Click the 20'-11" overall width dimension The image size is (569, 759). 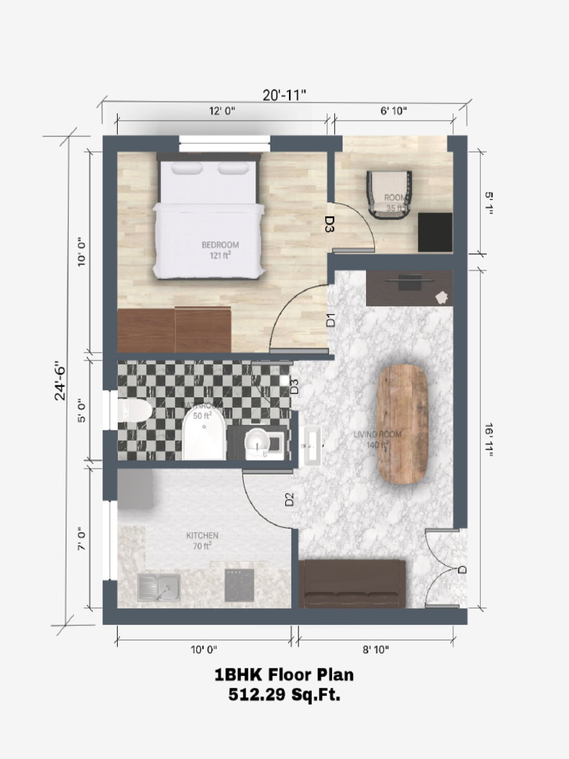284,94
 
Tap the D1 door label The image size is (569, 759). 331,320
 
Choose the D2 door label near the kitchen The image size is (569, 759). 290,500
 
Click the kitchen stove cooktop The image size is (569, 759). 240,586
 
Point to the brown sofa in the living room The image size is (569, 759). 352,584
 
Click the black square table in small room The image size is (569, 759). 434,232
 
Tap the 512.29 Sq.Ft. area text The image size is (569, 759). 284,695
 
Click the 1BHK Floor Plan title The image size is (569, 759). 284,675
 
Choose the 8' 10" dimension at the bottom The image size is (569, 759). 376,649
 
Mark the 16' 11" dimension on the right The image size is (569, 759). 488,440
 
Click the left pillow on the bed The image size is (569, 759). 186,169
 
